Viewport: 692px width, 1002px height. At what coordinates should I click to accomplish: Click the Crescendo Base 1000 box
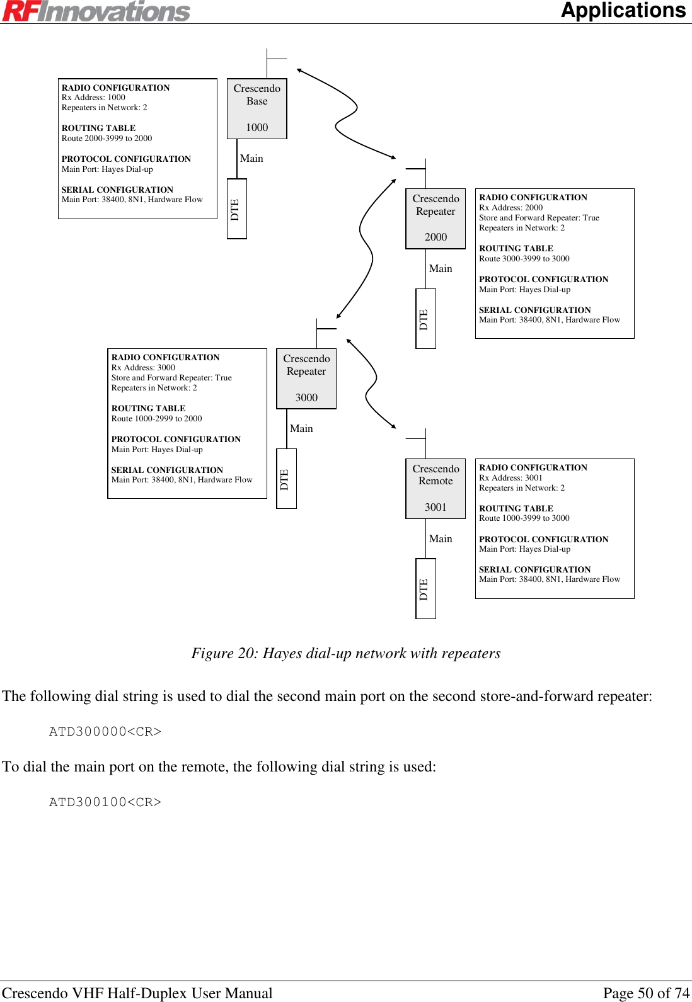257,108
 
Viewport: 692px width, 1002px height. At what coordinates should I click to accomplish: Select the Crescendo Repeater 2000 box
435,218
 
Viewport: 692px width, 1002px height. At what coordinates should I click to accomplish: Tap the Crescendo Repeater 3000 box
306,378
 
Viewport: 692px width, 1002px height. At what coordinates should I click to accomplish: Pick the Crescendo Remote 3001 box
435,488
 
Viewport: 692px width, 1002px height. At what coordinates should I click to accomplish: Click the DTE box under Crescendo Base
236,208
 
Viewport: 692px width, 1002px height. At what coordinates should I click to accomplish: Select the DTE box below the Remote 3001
425,588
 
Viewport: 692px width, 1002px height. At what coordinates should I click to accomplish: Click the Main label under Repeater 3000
301,428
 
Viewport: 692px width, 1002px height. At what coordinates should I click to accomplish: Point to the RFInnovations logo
96,11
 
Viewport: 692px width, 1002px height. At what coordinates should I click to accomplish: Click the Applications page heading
623,11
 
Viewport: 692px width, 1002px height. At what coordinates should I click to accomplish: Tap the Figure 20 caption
346,653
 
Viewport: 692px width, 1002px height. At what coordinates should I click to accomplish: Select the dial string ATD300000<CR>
105,731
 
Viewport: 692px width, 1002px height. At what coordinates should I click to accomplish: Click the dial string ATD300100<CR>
105,802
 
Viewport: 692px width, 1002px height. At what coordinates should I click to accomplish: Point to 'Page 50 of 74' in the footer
646,993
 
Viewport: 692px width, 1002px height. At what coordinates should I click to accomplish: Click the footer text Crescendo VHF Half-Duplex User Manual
137,993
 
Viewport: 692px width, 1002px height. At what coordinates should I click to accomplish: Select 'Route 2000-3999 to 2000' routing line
107,139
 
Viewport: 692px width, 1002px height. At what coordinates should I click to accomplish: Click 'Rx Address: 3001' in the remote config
510,478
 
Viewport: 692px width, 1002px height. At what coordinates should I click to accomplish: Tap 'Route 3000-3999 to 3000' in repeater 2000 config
524,259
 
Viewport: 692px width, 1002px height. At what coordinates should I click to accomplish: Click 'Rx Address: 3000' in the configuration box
143,368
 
